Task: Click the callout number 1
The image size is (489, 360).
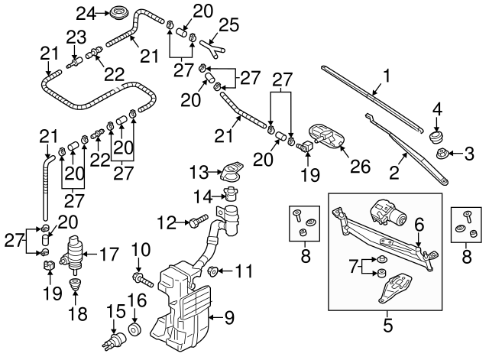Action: (x=387, y=76)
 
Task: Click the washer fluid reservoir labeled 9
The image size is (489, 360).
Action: (x=183, y=306)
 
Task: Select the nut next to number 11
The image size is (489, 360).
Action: (x=215, y=270)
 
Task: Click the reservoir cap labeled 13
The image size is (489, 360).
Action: (x=232, y=170)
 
